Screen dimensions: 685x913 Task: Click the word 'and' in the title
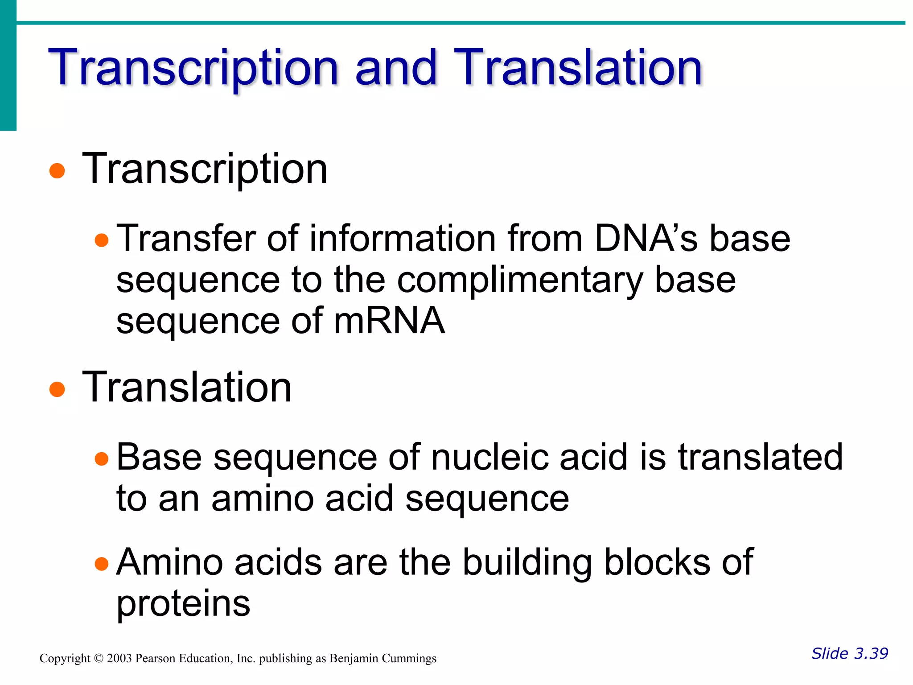pos(395,68)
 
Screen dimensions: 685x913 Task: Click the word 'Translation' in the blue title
pos(578,68)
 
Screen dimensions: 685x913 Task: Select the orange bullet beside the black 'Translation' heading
pos(57,389)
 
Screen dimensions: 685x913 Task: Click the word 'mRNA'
pos(389,321)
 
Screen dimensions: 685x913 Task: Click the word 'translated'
pos(760,458)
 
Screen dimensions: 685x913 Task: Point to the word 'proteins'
pos(183,604)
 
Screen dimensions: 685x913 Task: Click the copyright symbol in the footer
pos(99,659)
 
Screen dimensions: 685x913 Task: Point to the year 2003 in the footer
pos(119,659)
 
